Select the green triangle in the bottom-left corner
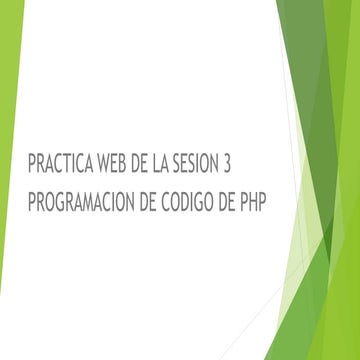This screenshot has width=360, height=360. click(x=8, y=335)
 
